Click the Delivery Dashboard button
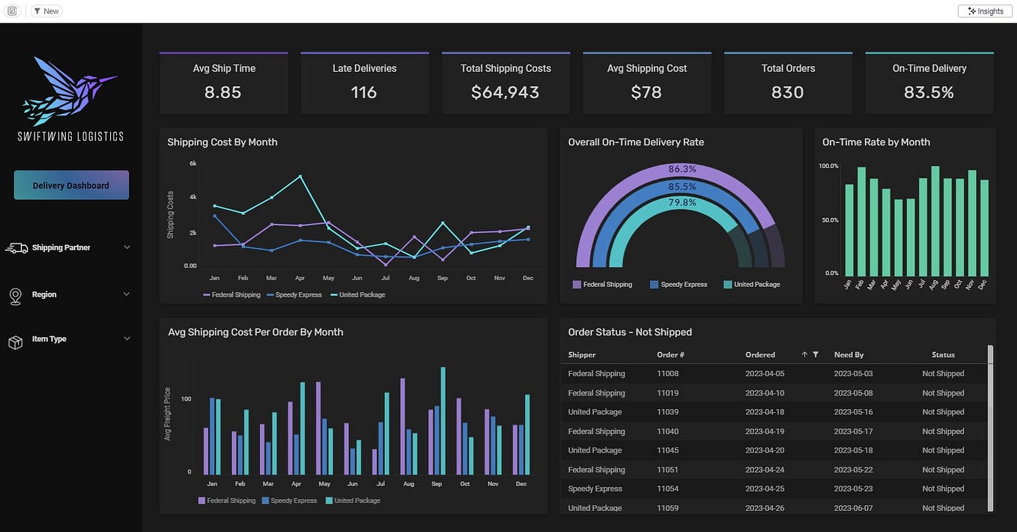(71, 185)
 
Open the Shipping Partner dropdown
(127, 247)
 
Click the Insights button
(985, 11)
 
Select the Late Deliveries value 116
(364, 92)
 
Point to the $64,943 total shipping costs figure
(506, 92)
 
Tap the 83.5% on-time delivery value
(929, 92)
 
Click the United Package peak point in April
(300, 176)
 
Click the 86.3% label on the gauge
(682, 169)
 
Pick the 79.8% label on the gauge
(682, 202)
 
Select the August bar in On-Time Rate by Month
(935, 222)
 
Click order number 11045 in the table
(667, 450)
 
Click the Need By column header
(848, 354)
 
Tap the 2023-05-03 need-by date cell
(853, 373)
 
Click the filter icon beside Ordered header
(816, 354)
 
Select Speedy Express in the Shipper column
(595, 489)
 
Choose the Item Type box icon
(15, 342)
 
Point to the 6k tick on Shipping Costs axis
(192, 163)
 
